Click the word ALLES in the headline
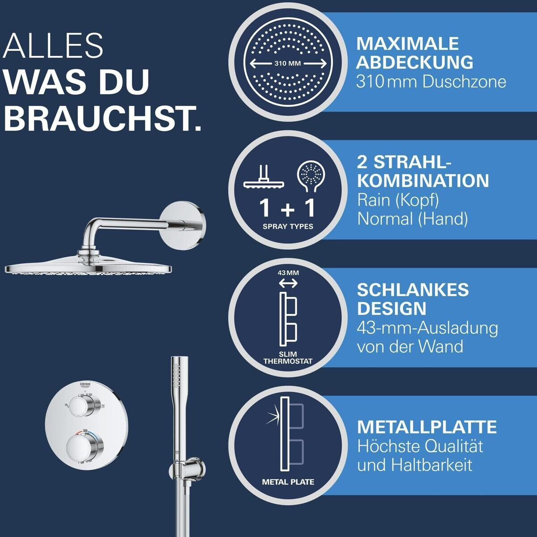[x=53, y=46]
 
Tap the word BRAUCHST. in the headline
[x=102, y=118]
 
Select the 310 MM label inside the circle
[x=288, y=64]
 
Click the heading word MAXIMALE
[x=407, y=43]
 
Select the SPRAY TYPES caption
[x=288, y=226]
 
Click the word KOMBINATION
[x=423, y=181]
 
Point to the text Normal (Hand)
[x=413, y=219]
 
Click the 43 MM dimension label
[x=288, y=273]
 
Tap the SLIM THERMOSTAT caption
[x=288, y=358]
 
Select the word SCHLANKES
[x=413, y=290]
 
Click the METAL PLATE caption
[x=288, y=482]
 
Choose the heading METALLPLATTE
[x=427, y=427]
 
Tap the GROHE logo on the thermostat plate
[x=85, y=384]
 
